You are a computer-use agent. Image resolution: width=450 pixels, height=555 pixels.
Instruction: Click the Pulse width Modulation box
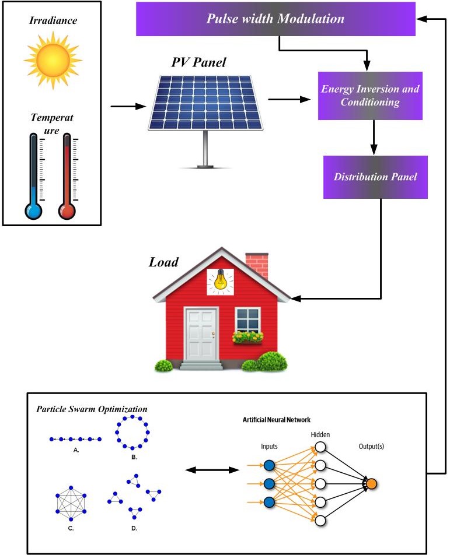[275, 18]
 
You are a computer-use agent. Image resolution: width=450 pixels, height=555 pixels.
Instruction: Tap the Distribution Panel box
[375, 177]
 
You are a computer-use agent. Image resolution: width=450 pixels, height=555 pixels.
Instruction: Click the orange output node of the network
[371, 483]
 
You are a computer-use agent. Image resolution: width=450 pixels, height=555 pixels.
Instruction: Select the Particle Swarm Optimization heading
[92, 409]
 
